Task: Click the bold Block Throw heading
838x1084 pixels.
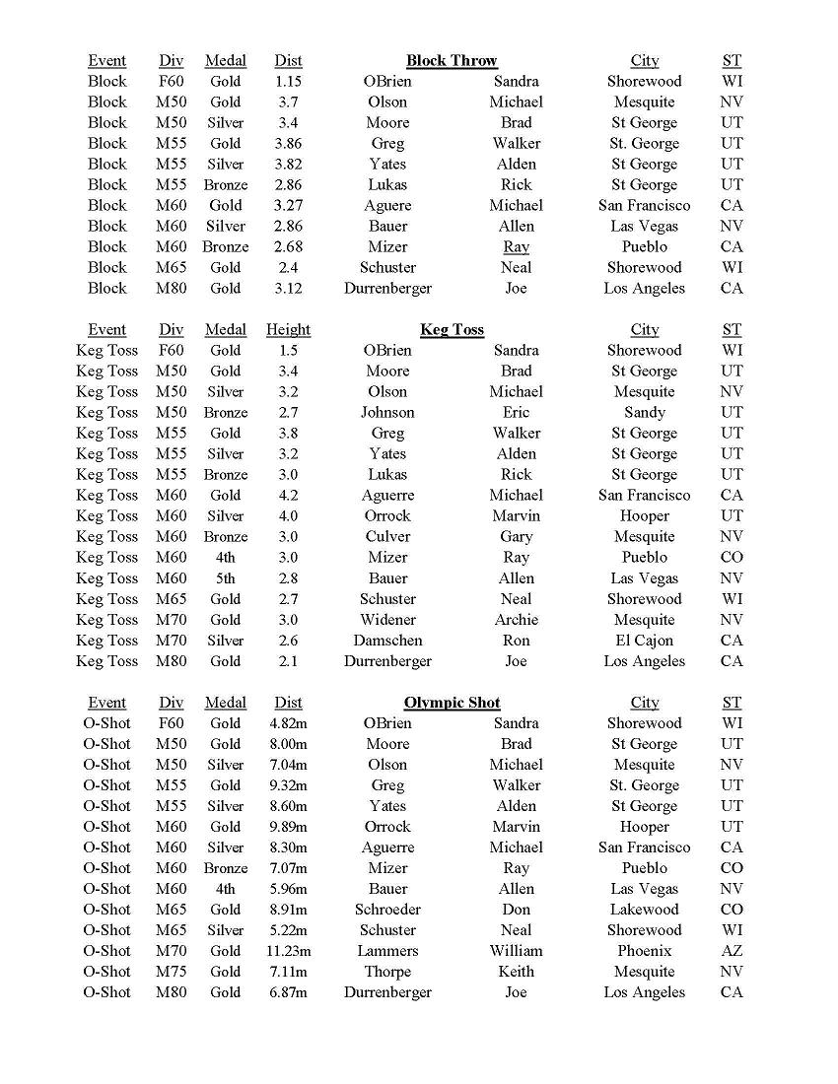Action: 452,60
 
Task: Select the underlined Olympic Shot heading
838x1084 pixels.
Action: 452,703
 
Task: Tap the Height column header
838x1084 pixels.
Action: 288,329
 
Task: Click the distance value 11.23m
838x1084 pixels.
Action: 288,951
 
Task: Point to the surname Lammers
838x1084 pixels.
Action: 387,951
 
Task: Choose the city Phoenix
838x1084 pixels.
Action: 644,951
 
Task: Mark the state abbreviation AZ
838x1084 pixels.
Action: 732,951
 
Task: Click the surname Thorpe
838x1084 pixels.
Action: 387,972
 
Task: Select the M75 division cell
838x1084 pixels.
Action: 171,972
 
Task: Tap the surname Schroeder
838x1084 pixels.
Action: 387,910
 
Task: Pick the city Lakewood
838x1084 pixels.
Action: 644,910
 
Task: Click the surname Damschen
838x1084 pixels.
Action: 387,641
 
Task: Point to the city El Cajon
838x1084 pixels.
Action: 644,641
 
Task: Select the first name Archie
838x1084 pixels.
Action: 516,620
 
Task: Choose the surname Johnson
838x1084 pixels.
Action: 387,412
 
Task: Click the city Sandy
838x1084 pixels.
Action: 644,412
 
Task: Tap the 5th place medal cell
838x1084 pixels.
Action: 225,578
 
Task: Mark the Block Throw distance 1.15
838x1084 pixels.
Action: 288,81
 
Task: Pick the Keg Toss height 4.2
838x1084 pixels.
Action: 288,495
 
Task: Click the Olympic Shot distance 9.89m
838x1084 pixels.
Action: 288,827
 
